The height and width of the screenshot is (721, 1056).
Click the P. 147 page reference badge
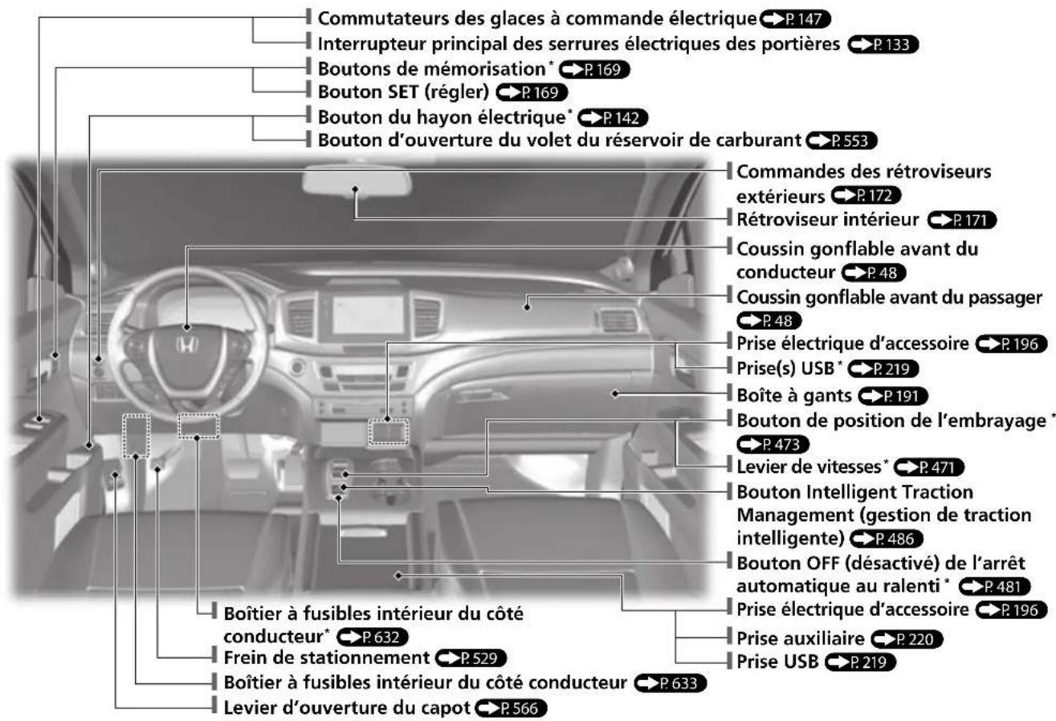click(x=796, y=18)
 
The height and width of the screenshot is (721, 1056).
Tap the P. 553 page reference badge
click(x=842, y=141)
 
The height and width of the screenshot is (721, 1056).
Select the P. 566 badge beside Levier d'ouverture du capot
click(x=512, y=708)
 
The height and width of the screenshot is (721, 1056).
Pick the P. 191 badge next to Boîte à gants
click(x=893, y=396)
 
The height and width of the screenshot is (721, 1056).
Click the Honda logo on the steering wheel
click(x=187, y=344)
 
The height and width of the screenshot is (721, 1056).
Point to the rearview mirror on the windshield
click(x=357, y=181)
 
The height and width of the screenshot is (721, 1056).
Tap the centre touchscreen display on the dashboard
click(x=367, y=315)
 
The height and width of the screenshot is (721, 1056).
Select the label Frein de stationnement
click(x=326, y=658)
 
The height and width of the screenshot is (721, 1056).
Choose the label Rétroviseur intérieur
click(x=828, y=220)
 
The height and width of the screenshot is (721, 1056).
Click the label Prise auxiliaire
click(x=801, y=638)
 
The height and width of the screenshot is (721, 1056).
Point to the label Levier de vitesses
click(x=809, y=466)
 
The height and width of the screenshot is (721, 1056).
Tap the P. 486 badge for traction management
click(x=887, y=538)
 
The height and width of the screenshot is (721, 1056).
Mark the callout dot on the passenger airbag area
click(x=527, y=308)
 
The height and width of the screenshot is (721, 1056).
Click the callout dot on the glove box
click(x=615, y=393)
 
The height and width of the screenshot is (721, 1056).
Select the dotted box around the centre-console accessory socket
click(x=389, y=432)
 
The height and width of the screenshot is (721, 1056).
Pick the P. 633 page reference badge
click(x=671, y=682)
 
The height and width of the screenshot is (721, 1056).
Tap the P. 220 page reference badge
click(x=907, y=638)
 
